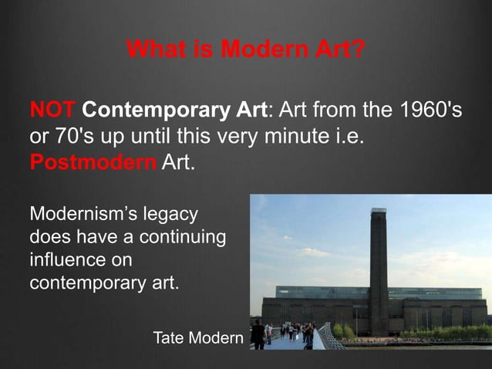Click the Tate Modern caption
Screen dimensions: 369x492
click(x=197, y=338)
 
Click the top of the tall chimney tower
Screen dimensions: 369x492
click(x=379, y=212)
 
